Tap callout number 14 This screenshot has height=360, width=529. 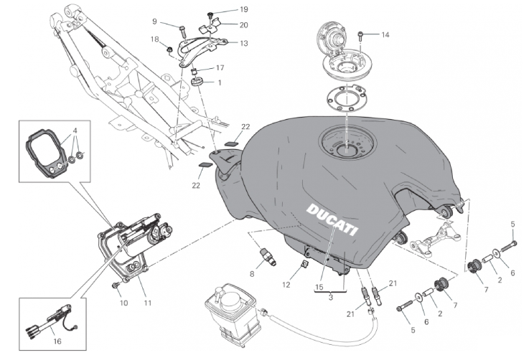point(385,34)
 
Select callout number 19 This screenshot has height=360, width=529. point(223,10)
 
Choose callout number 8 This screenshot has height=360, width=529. point(252,273)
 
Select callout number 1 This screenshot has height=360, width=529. point(220,82)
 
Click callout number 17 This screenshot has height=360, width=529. point(220,67)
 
